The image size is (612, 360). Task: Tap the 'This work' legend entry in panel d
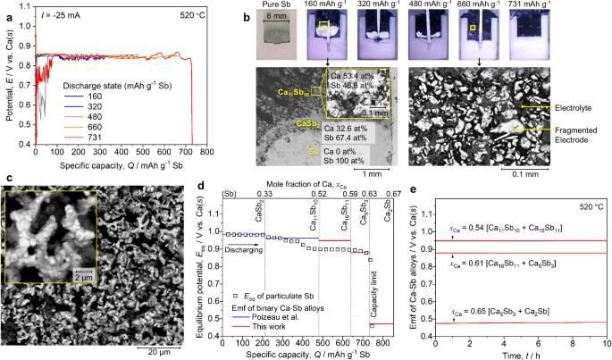(x=278, y=328)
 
